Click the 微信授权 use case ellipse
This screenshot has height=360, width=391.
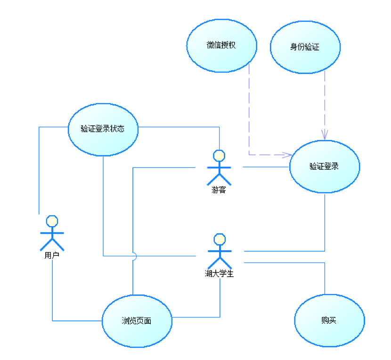221,46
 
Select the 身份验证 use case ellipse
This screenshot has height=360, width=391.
305,47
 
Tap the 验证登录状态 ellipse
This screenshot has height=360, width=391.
103,129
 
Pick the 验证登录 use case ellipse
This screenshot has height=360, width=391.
324,166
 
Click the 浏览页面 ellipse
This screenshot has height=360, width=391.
137,321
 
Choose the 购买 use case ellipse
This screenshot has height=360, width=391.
329,321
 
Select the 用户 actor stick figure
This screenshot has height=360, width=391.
51,234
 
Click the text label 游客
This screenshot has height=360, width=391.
219,190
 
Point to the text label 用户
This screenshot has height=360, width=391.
51,256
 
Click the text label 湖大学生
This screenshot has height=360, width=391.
219,273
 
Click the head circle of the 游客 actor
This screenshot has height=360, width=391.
219,155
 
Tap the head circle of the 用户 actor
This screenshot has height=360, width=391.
51,221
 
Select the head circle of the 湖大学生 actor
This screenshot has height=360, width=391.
219,239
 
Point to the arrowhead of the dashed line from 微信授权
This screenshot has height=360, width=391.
287,154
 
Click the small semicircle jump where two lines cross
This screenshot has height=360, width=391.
134,256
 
